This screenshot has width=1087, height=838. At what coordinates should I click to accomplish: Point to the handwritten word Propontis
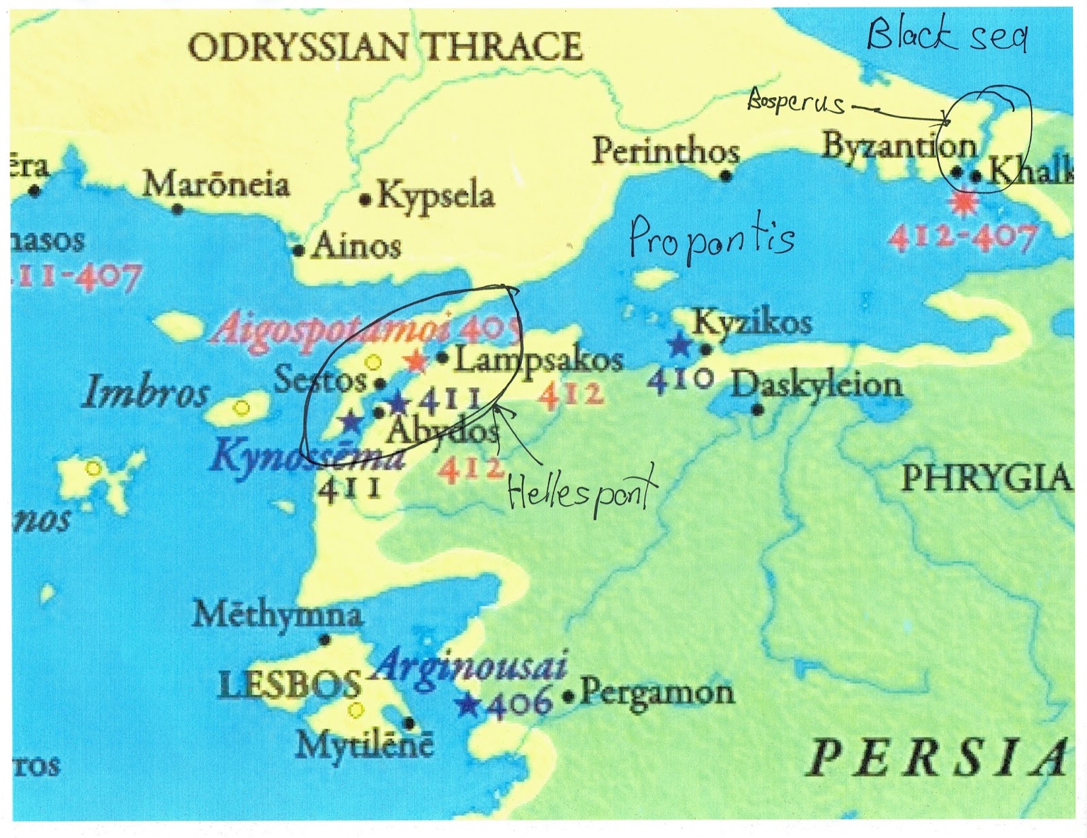tap(711, 240)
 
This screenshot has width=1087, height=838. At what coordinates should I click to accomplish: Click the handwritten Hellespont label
tap(582, 489)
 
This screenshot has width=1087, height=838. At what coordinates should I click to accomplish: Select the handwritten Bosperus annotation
tap(796, 104)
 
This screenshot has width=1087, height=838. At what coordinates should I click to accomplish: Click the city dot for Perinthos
tap(726, 176)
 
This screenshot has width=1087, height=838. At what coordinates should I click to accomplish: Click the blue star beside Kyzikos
tap(679, 345)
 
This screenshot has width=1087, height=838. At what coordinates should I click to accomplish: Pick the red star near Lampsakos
tap(414, 361)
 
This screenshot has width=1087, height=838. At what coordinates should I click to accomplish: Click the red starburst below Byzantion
tap(961, 202)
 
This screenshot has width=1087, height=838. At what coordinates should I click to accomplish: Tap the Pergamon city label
tap(656, 693)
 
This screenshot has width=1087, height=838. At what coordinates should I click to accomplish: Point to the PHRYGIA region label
tap(986, 478)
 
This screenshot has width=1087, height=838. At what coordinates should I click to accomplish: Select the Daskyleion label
tap(817, 385)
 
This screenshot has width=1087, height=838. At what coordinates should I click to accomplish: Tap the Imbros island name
tap(145, 394)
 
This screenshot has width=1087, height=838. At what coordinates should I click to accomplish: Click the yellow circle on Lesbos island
tap(355, 710)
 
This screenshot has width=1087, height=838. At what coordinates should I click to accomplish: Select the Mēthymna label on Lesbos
tap(277, 615)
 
